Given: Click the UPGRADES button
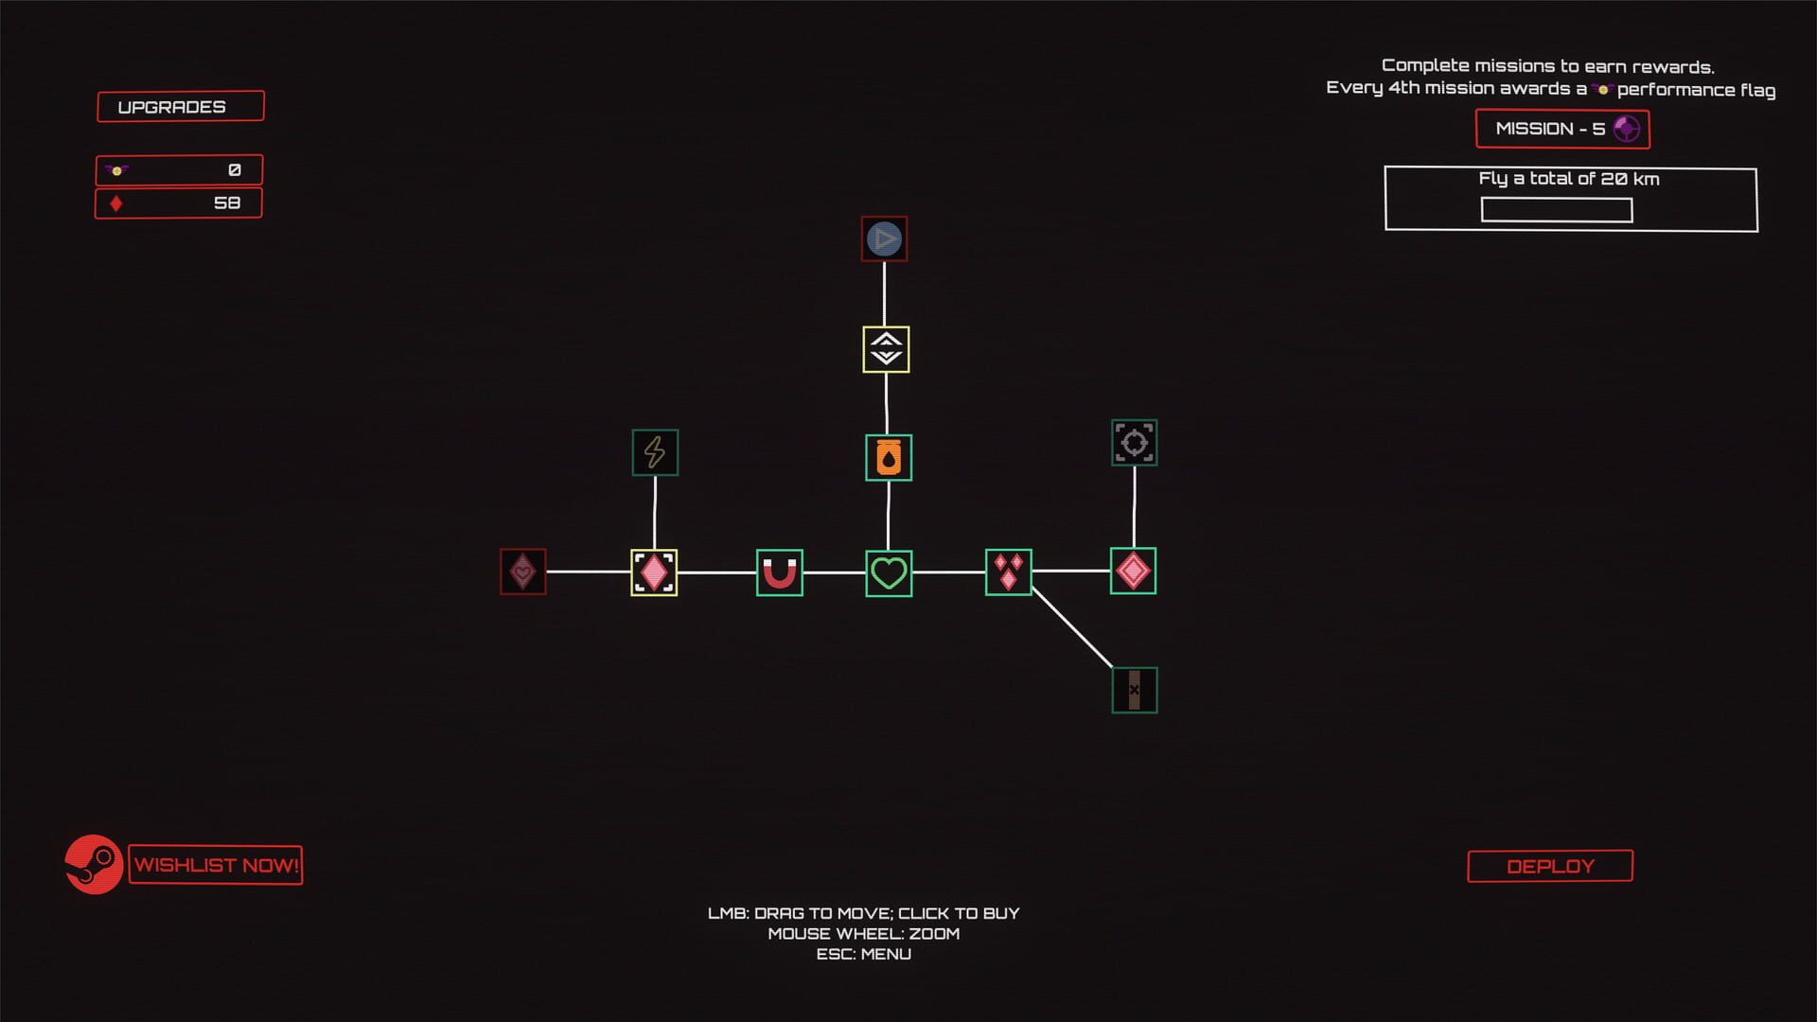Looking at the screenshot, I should point(180,106).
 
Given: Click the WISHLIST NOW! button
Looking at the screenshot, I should point(216,865).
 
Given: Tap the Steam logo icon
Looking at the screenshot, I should point(94,864).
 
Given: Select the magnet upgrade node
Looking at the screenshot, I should point(779,573).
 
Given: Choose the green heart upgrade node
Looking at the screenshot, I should point(889,573).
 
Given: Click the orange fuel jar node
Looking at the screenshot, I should point(889,458).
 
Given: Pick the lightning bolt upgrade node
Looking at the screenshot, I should point(655,452).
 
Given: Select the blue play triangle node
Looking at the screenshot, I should point(884,239).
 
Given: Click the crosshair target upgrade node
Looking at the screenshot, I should point(1134,443).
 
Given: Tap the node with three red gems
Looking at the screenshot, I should point(1008,573).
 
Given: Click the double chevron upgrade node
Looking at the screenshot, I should point(886,349).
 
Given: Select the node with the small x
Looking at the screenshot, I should point(1134,690).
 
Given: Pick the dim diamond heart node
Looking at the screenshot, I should point(522,572).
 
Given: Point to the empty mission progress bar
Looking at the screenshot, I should point(1556,209).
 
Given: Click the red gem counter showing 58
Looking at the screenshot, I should point(179,203).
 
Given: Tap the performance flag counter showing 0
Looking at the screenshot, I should point(179,170).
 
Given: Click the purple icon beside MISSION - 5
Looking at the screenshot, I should point(1626,129).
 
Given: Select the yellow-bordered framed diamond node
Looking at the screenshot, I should point(654,573).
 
